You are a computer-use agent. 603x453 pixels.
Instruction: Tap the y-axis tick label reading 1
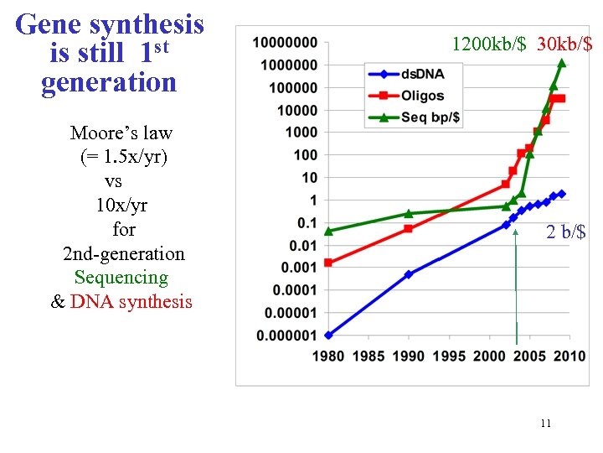click(x=313, y=200)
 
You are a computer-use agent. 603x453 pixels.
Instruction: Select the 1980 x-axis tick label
click(x=328, y=357)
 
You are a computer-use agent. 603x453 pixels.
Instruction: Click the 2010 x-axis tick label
click(x=570, y=357)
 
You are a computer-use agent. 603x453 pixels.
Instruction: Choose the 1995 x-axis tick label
click(x=449, y=357)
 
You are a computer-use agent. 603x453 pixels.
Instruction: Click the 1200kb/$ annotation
click(x=489, y=44)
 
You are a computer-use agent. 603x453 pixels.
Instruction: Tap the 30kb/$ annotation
click(x=564, y=44)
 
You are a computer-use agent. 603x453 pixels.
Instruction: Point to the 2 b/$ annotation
click(x=566, y=232)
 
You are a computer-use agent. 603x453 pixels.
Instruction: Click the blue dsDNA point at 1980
click(x=328, y=335)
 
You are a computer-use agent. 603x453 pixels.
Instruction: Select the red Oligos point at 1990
click(x=409, y=228)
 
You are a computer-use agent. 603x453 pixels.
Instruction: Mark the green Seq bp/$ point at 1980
click(x=328, y=231)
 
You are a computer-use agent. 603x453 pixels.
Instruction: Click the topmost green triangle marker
click(x=562, y=63)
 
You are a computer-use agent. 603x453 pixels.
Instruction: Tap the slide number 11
click(x=545, y=424)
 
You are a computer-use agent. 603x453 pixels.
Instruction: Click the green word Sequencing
click(x=121, y=278)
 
